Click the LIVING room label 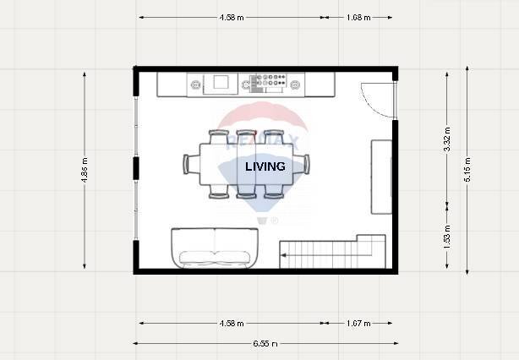(265, 167)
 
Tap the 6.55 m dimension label (264, 343)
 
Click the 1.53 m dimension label (446, 240)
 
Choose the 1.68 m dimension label (358, 17)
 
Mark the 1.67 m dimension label (358, 323)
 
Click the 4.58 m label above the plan (231, 17)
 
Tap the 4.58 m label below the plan (231, 323)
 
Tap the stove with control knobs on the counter (272, 83)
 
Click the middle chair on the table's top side (246, 137)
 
